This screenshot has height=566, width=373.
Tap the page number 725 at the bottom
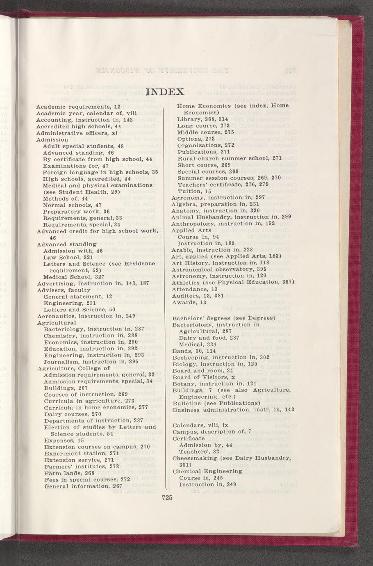click(166, 498)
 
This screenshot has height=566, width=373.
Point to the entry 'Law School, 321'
click(68, 257)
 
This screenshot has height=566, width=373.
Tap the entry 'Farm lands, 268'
click(69, 473)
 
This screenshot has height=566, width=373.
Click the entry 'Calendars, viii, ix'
click(200, 425)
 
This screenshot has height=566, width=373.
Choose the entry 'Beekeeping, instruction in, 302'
click(221, 357)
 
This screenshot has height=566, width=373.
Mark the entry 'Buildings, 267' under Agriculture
click(66, 388)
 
